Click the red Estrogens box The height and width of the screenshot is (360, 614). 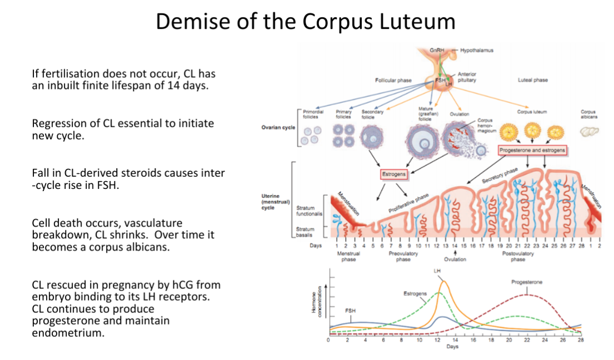pos(394,174)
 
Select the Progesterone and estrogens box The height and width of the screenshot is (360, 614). pos(532,150)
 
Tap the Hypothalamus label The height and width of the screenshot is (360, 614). pos(476,51)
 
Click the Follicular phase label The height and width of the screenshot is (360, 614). pos(393,81)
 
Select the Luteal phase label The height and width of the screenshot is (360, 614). pos(532,81)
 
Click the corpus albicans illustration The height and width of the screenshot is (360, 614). pos(589,132)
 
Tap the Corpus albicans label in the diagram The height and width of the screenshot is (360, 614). pos(588,114)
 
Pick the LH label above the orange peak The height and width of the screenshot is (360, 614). pos(437,271)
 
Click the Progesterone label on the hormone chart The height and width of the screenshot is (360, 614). pos(527,282)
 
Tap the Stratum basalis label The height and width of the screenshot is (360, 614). pos(305,231)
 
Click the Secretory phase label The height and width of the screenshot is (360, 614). pos(500,174)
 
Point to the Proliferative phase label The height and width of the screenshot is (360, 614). pos(408,203)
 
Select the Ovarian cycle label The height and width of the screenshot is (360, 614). pos(278,127)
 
